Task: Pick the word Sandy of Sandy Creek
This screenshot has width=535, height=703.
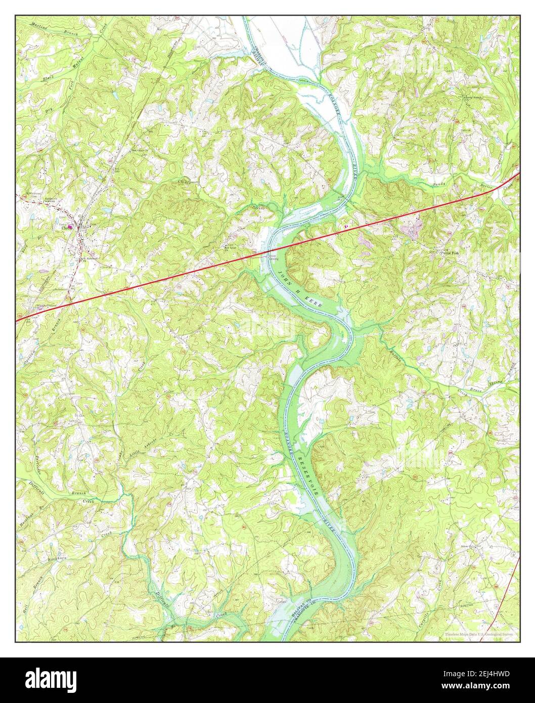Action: pos(440,184)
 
